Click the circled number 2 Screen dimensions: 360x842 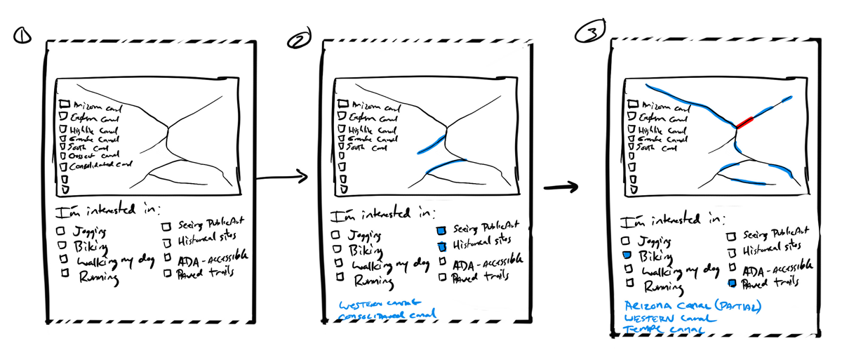coord(298,41)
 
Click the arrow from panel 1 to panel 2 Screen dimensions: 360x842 coord(281,178)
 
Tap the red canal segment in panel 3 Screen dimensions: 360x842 coord(748,122)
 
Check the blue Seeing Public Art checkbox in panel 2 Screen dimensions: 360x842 coord(441,230)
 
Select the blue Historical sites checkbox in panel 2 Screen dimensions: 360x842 coord(443,246)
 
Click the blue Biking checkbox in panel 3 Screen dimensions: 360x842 coord(628,256)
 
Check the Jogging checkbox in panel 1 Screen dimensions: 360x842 coord(61,230)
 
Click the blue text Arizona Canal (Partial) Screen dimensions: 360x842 coord(693,307)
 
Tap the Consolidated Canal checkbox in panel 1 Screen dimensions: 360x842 coord(64,167)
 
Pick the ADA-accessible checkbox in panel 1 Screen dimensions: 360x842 coord(168,260)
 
